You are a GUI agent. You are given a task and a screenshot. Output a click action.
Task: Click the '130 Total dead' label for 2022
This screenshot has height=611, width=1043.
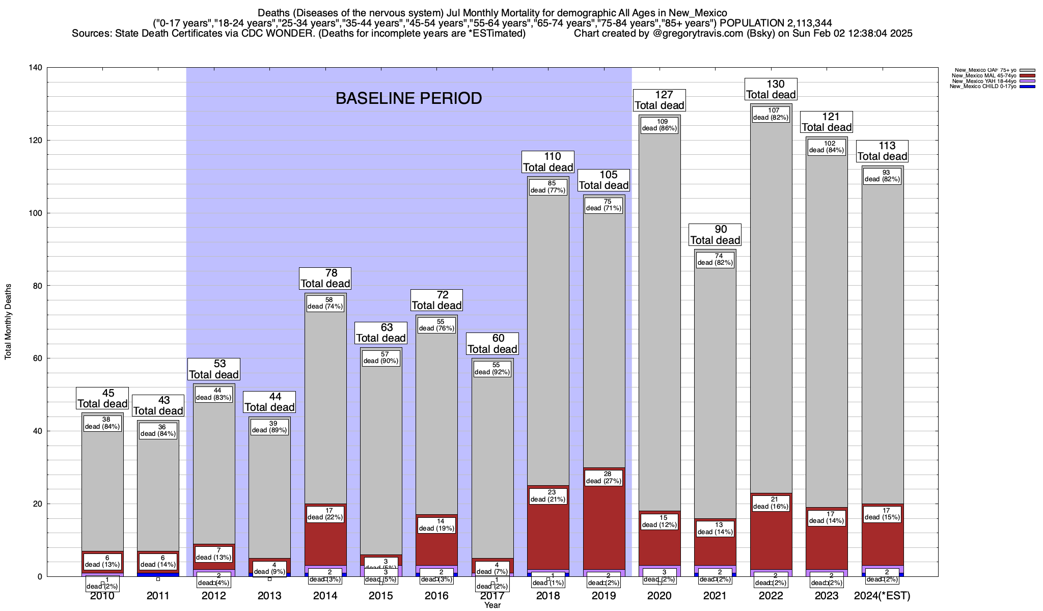pos(771,90)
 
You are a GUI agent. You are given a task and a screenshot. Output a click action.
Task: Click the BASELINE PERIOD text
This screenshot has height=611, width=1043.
pos(408,98)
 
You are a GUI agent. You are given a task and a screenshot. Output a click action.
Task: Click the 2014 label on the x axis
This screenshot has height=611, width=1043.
pos(325,596)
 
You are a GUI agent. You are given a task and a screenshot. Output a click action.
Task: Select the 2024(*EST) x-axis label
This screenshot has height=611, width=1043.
pos(882,596)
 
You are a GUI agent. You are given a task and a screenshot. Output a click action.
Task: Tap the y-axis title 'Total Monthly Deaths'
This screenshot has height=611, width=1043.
pos(8,322)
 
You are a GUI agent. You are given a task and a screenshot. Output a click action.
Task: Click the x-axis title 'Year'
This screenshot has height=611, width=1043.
pos(492,605)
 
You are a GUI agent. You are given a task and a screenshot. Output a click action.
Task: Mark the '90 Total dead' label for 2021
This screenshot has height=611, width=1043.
pos(715,235)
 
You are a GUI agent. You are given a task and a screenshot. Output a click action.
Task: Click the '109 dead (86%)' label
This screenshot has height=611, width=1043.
pos(660,125)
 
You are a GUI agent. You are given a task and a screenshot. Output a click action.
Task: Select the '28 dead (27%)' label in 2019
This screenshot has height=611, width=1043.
pos(604,478)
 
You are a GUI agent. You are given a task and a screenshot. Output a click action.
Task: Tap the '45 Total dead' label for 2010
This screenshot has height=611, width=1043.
pos(102,399)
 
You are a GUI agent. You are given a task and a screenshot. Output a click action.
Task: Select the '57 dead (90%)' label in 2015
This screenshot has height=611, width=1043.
pos(381,357)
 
